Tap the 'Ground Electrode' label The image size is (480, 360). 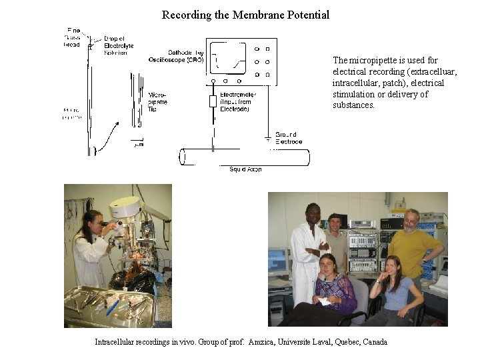click(x=288, y=138)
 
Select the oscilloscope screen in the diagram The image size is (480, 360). click(x=231, y=58)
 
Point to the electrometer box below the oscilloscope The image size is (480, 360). click(x=213, y=101)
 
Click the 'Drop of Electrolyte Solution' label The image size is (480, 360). click(x=119, y=45)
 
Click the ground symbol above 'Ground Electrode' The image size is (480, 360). click(x=268, y=139)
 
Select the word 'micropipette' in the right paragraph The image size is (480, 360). click(x=373, y=60)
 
